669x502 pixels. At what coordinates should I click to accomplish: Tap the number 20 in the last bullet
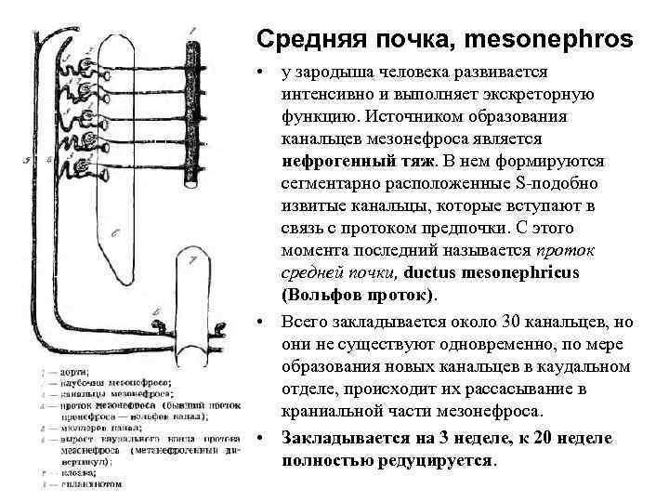[x=539, y=437]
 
